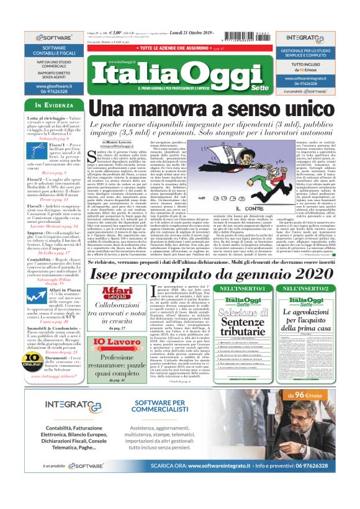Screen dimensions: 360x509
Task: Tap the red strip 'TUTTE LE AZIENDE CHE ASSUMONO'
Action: coord(162,47)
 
